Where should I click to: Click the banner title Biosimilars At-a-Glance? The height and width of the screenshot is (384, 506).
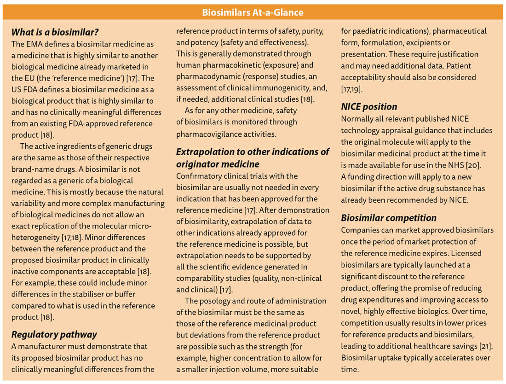click(x=253, y=12)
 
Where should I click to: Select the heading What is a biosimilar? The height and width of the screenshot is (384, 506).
click(x=55, y=32)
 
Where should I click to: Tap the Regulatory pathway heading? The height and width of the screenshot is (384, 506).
click(x=54, y=334)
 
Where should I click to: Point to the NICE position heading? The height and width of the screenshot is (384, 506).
click(x=369, y=106)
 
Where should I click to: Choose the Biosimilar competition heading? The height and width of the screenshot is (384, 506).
click(x=389, y=218)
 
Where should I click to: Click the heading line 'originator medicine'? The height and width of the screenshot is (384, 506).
click(x=218, y=164)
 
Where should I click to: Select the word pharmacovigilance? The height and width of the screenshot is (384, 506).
click(x=211, y=134)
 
